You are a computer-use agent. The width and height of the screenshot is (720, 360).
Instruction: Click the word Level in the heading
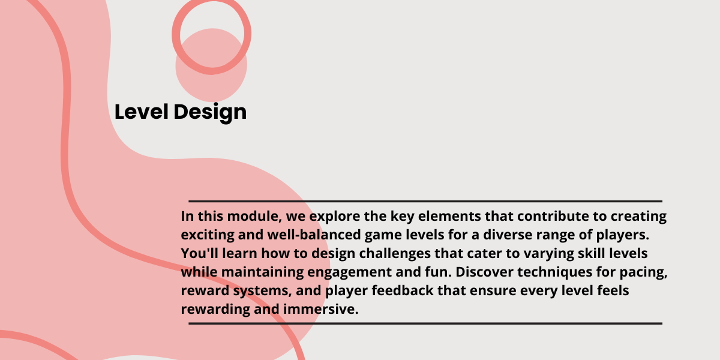point(142,112)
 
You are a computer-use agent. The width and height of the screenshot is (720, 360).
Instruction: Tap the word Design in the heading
point(210,113)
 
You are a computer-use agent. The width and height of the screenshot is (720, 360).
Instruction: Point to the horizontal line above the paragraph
point(425,201)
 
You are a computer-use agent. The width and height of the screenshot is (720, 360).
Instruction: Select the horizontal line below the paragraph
point(425,323)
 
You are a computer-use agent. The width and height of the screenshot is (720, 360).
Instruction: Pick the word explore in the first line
point(335,217)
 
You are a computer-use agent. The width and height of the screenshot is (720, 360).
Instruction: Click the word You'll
point(199,253)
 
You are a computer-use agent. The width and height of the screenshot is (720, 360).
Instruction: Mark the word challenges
point(395,254)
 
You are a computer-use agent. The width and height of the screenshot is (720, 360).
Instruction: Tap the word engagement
point(349,272)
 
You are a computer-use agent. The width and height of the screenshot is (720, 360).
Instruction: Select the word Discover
point(484,272)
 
